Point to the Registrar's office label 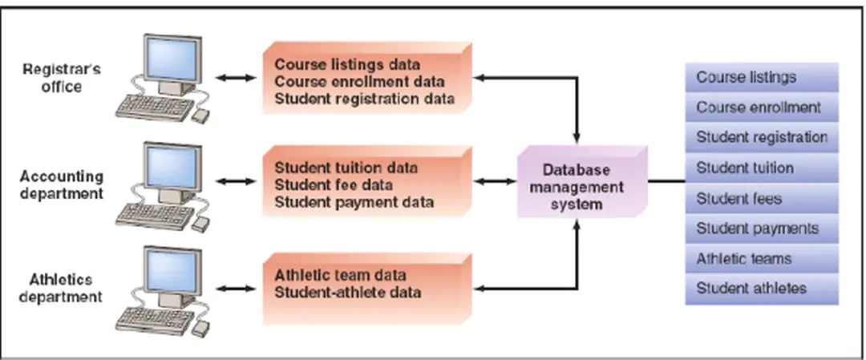tap(62, 78)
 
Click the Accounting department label tap(62, 184)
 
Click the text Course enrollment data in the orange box tap(359, 81)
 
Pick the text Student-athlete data tap(347, 292)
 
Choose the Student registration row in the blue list tap(761, 137)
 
